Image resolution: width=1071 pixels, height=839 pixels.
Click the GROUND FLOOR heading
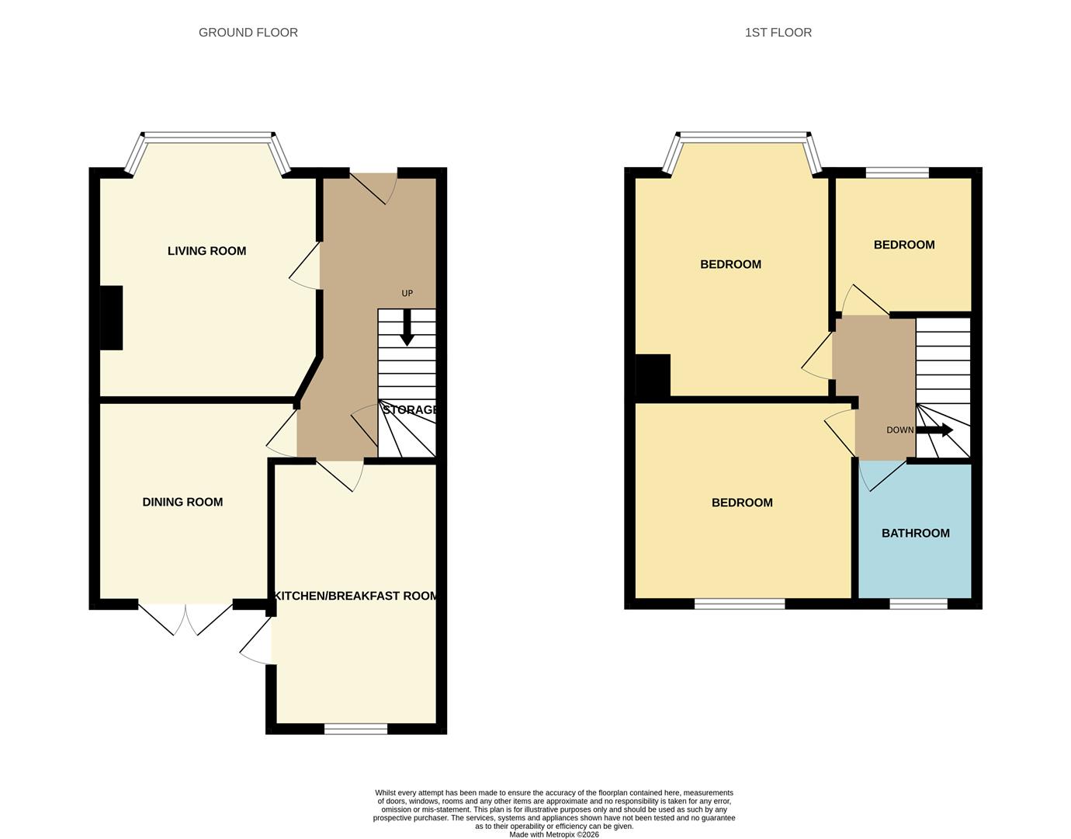248,33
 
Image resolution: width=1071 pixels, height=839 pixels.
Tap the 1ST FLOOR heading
778,33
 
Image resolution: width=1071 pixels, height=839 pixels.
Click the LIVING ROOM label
207,251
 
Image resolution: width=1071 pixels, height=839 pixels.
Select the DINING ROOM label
182,502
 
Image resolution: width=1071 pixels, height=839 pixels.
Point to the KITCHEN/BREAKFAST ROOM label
355,596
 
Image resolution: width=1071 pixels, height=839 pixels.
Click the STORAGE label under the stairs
410,409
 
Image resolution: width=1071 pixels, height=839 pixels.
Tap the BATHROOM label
915,533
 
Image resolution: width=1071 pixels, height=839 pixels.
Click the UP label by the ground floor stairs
407,294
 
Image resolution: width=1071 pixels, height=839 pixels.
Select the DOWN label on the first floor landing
900,430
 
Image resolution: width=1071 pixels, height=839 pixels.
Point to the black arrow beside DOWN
934,430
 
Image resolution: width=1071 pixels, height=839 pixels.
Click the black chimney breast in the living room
112,318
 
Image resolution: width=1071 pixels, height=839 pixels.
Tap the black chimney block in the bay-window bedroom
653,375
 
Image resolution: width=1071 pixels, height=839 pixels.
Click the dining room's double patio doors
185,618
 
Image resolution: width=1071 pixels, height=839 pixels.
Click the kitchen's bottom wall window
356,729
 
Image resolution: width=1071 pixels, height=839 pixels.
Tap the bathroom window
919,604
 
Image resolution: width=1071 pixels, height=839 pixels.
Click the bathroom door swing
882,475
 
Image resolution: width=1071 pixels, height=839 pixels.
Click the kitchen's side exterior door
256,641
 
